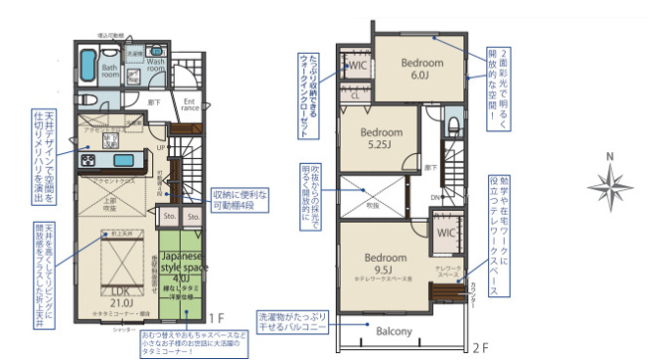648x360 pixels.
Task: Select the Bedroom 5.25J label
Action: coord(381,138)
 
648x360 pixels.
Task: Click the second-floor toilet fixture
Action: coord(453,124)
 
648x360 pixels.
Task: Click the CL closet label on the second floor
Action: coord(355,95)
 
